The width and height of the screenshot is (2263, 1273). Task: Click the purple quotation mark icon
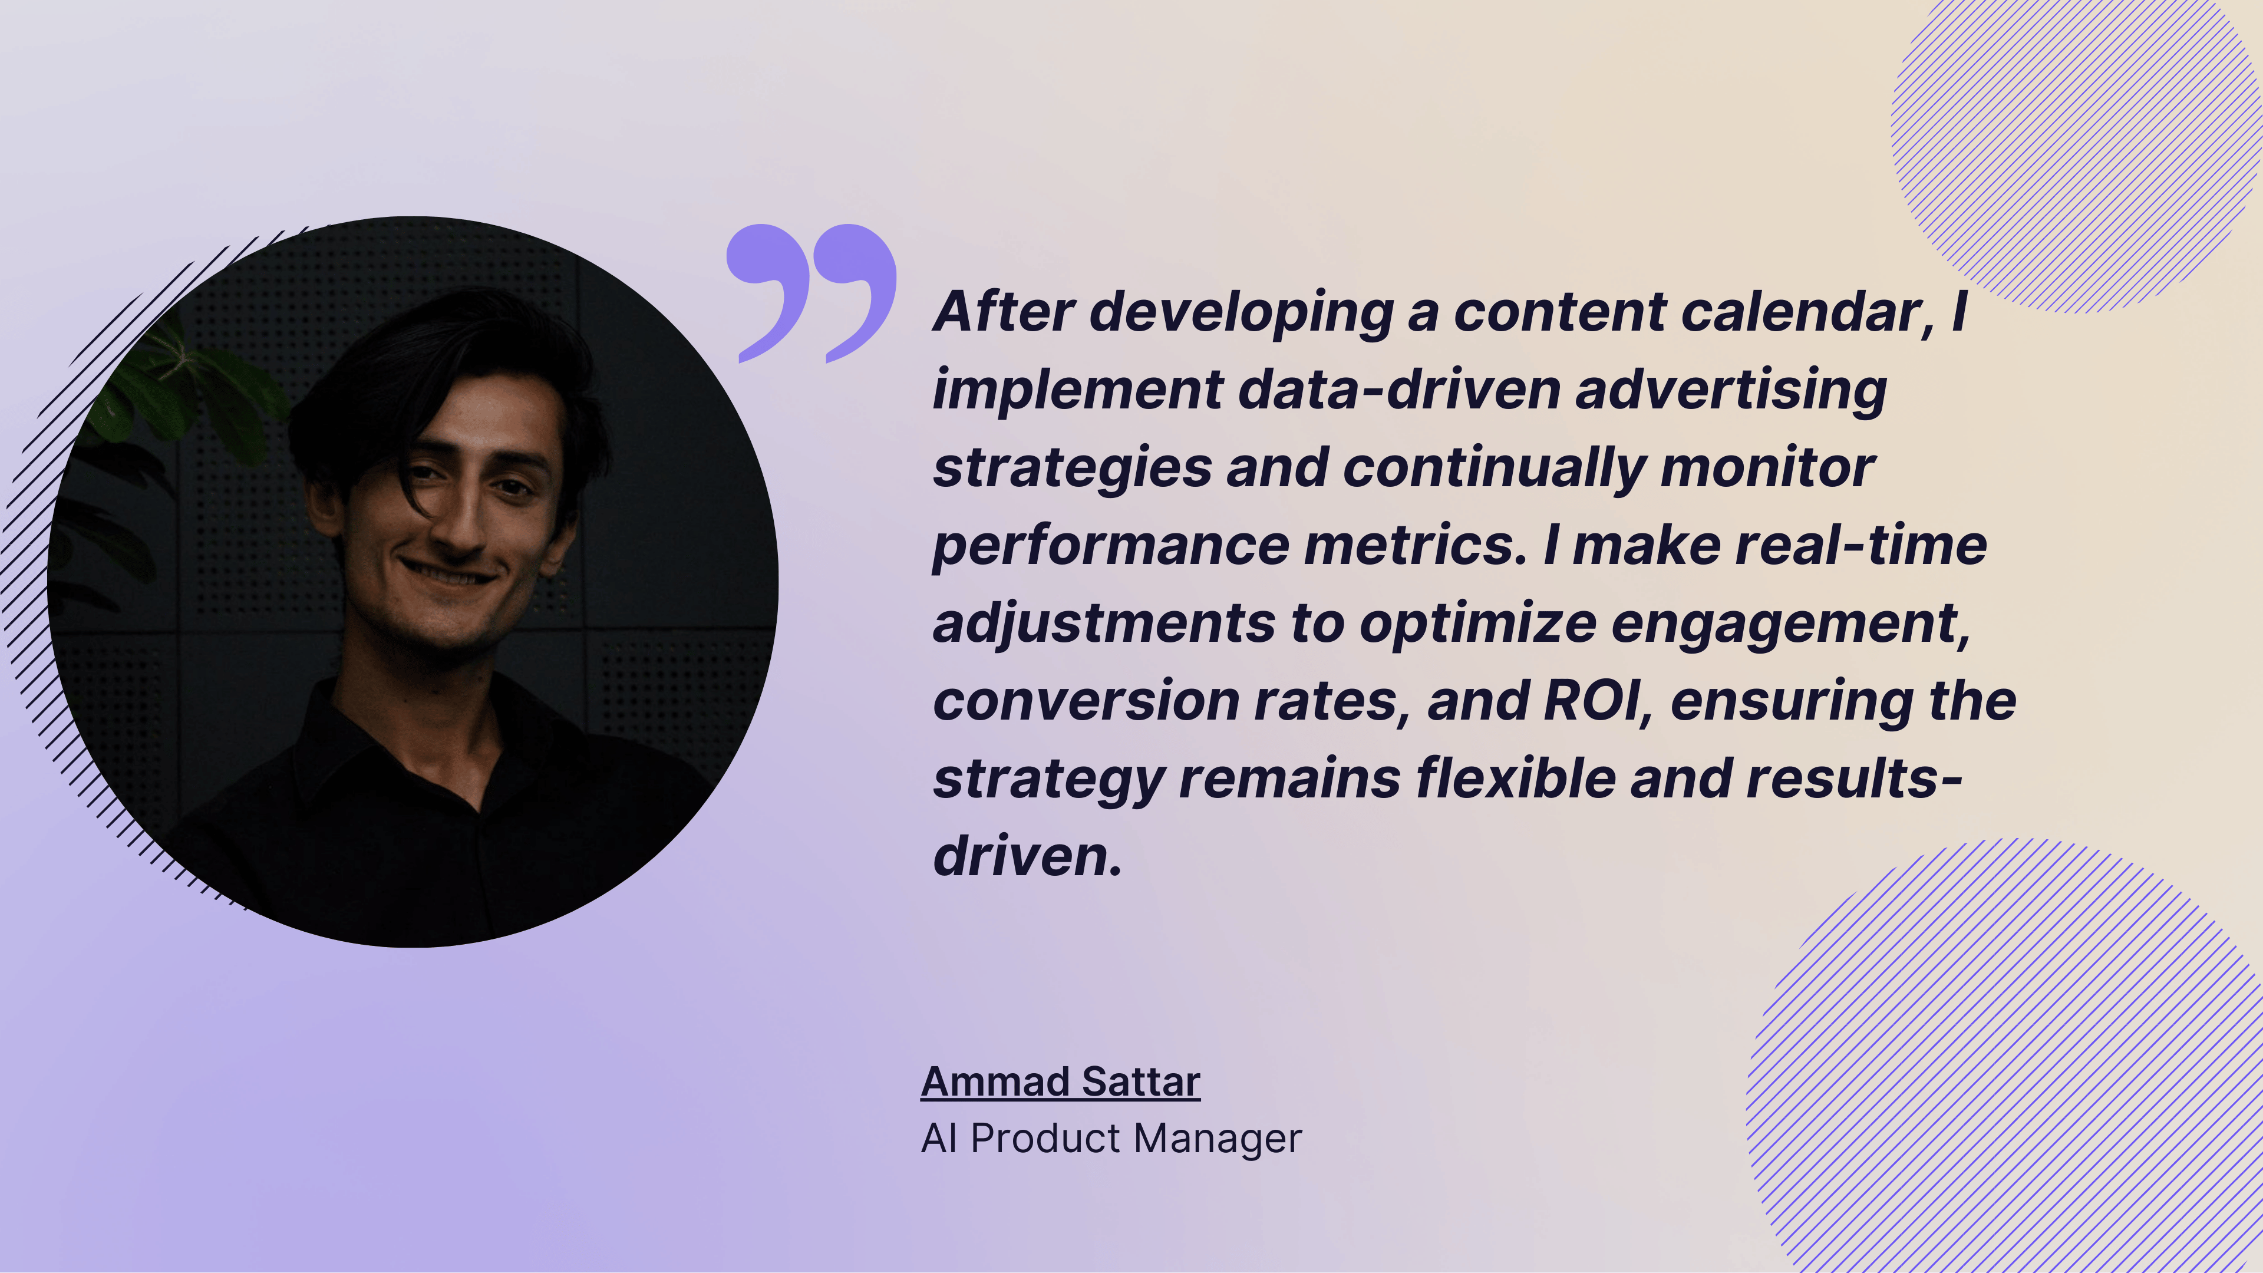tap(810, 292)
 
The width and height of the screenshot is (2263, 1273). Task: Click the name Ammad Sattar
tap(1060, 1081)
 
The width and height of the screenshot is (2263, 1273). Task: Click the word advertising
tap(1731, 391)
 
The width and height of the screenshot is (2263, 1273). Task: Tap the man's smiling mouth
tap(448, 575)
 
